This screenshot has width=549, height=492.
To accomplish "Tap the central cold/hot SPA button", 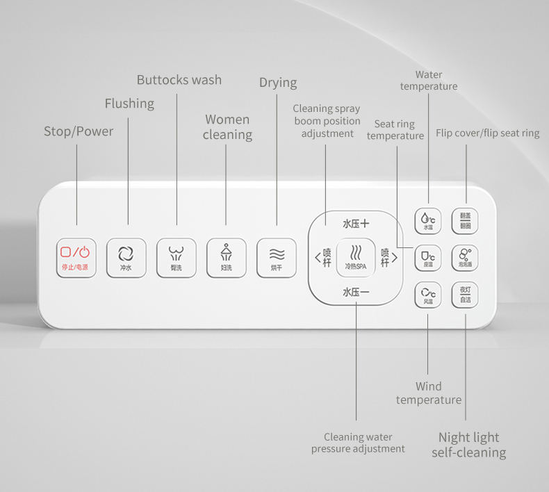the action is coord(356,257).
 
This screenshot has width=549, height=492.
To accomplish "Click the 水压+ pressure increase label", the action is coord(356,224).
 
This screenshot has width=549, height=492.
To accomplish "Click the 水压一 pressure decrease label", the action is coord(356,293).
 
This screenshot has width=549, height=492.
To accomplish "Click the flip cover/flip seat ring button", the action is coord(465,220).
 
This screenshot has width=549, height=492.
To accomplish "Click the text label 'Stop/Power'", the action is coord(78,131).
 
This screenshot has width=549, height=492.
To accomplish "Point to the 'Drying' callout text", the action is coord(278,83).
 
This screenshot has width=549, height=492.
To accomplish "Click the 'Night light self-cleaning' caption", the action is coord(469,445).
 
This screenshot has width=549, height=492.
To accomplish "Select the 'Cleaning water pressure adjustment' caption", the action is coord(358,443).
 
